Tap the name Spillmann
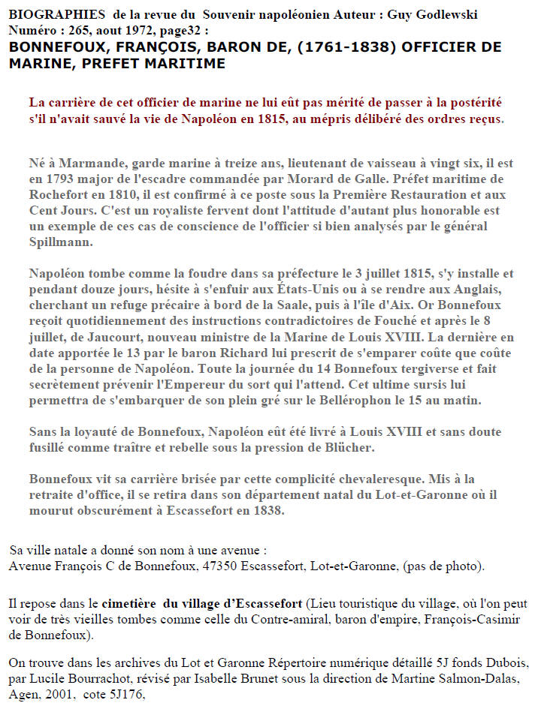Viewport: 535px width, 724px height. click(x=61, y=243)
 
